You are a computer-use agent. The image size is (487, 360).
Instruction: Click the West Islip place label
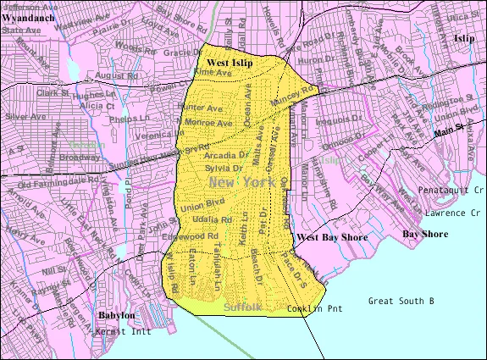229,64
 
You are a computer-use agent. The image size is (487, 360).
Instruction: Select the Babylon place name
116,315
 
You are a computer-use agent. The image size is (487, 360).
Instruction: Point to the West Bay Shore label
332,237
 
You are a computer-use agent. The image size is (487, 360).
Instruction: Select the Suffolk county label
245,307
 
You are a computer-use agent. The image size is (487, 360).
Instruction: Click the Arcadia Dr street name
226,156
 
